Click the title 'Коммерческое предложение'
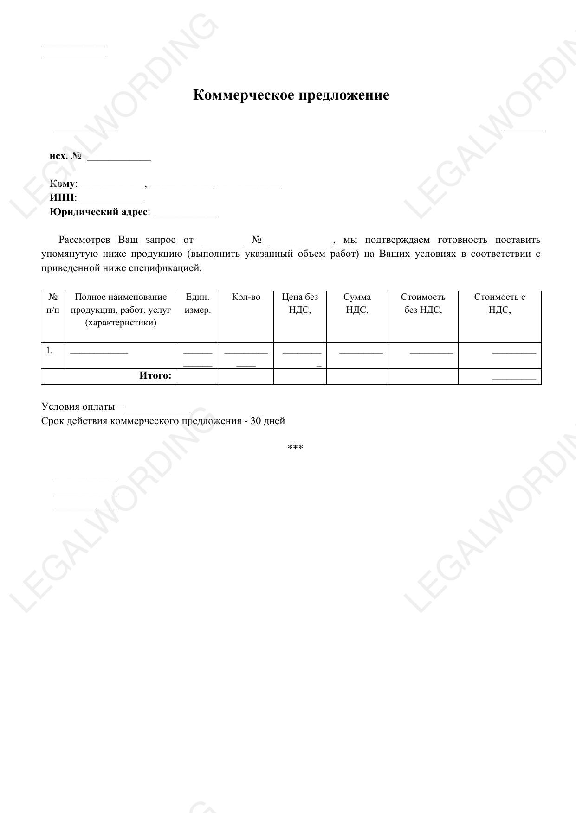pyautogui.click(x=291, y=95)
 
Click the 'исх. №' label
pyautogui.click(x=65, y=156)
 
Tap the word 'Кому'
pyautogui.click(x=62, y=184)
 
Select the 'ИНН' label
pyautogui.click(x=62, y=198)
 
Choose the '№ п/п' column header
pyautogui.click(x=53, y=304)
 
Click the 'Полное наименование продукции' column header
pyautogui.click(x=121, y=310)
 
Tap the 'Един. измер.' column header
pyautogui.click(x=198, y=304)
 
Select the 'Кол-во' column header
pyautogui.click(x=246, y=297)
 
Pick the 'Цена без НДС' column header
pyautogui.click(x=300, y=304)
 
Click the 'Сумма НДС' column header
pyautogui.click(x=357, y=304)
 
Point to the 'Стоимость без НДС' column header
pyautogui.click(x=423, y=304)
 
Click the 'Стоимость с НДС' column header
pyautogui.click(x=499, y=304)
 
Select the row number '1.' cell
pyautogui.click(x=50, y=350)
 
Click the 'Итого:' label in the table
pyautogui.click(x=155, y=376)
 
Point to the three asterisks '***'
pyautogui.click(x=295, y=448)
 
